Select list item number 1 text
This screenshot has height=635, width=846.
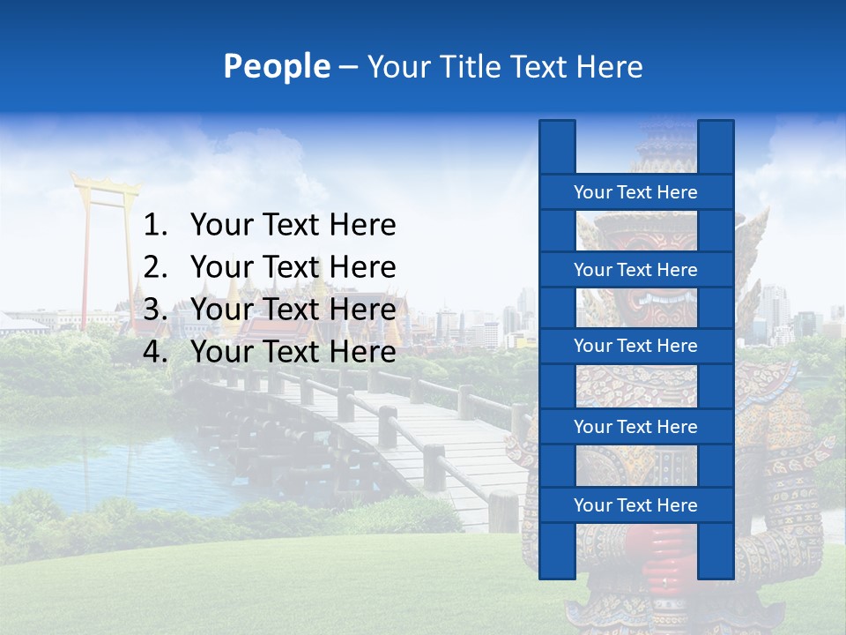click(293, 226)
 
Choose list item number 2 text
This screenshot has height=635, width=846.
click(293, 267)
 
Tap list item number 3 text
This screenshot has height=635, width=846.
click(293, 310)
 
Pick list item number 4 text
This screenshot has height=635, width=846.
click(293, 352)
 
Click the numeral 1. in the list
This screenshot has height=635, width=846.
click(155, 226)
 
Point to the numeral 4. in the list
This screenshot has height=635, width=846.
click(155, 352)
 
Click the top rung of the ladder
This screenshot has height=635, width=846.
click(635, 192)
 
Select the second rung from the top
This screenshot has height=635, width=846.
click(635, 270)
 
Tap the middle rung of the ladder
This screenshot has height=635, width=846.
click(635, 346)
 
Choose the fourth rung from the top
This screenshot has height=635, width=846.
click(635, 427)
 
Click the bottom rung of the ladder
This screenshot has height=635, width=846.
click(635, 505)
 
